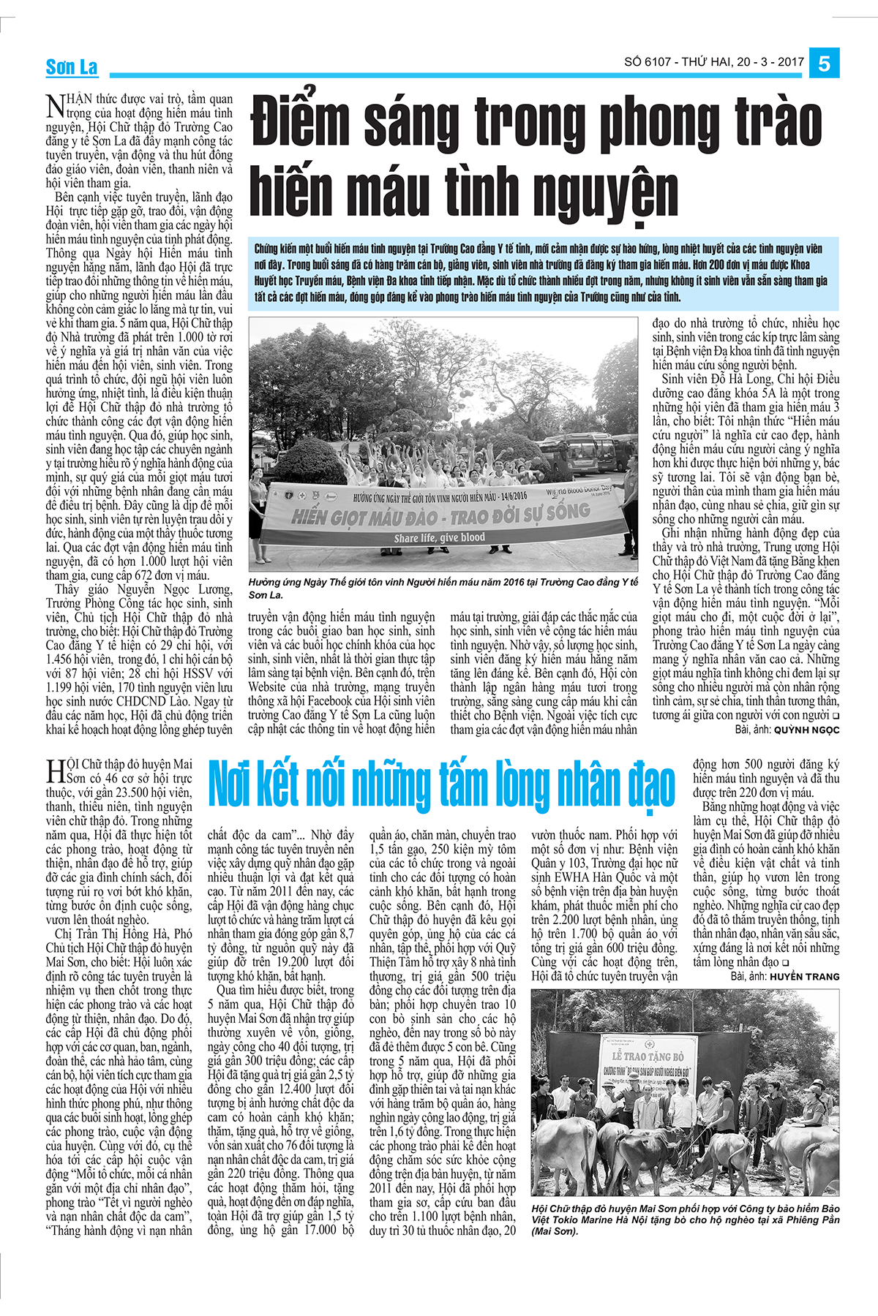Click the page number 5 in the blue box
tap(824, 64)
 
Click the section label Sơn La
tap(72, 68)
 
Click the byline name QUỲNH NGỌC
tap(806, 730)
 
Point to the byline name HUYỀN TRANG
tap(804, 976)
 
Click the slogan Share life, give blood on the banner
tap(440, 538)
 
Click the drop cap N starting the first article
tap(55, 106)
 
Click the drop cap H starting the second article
tap(55, 772)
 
